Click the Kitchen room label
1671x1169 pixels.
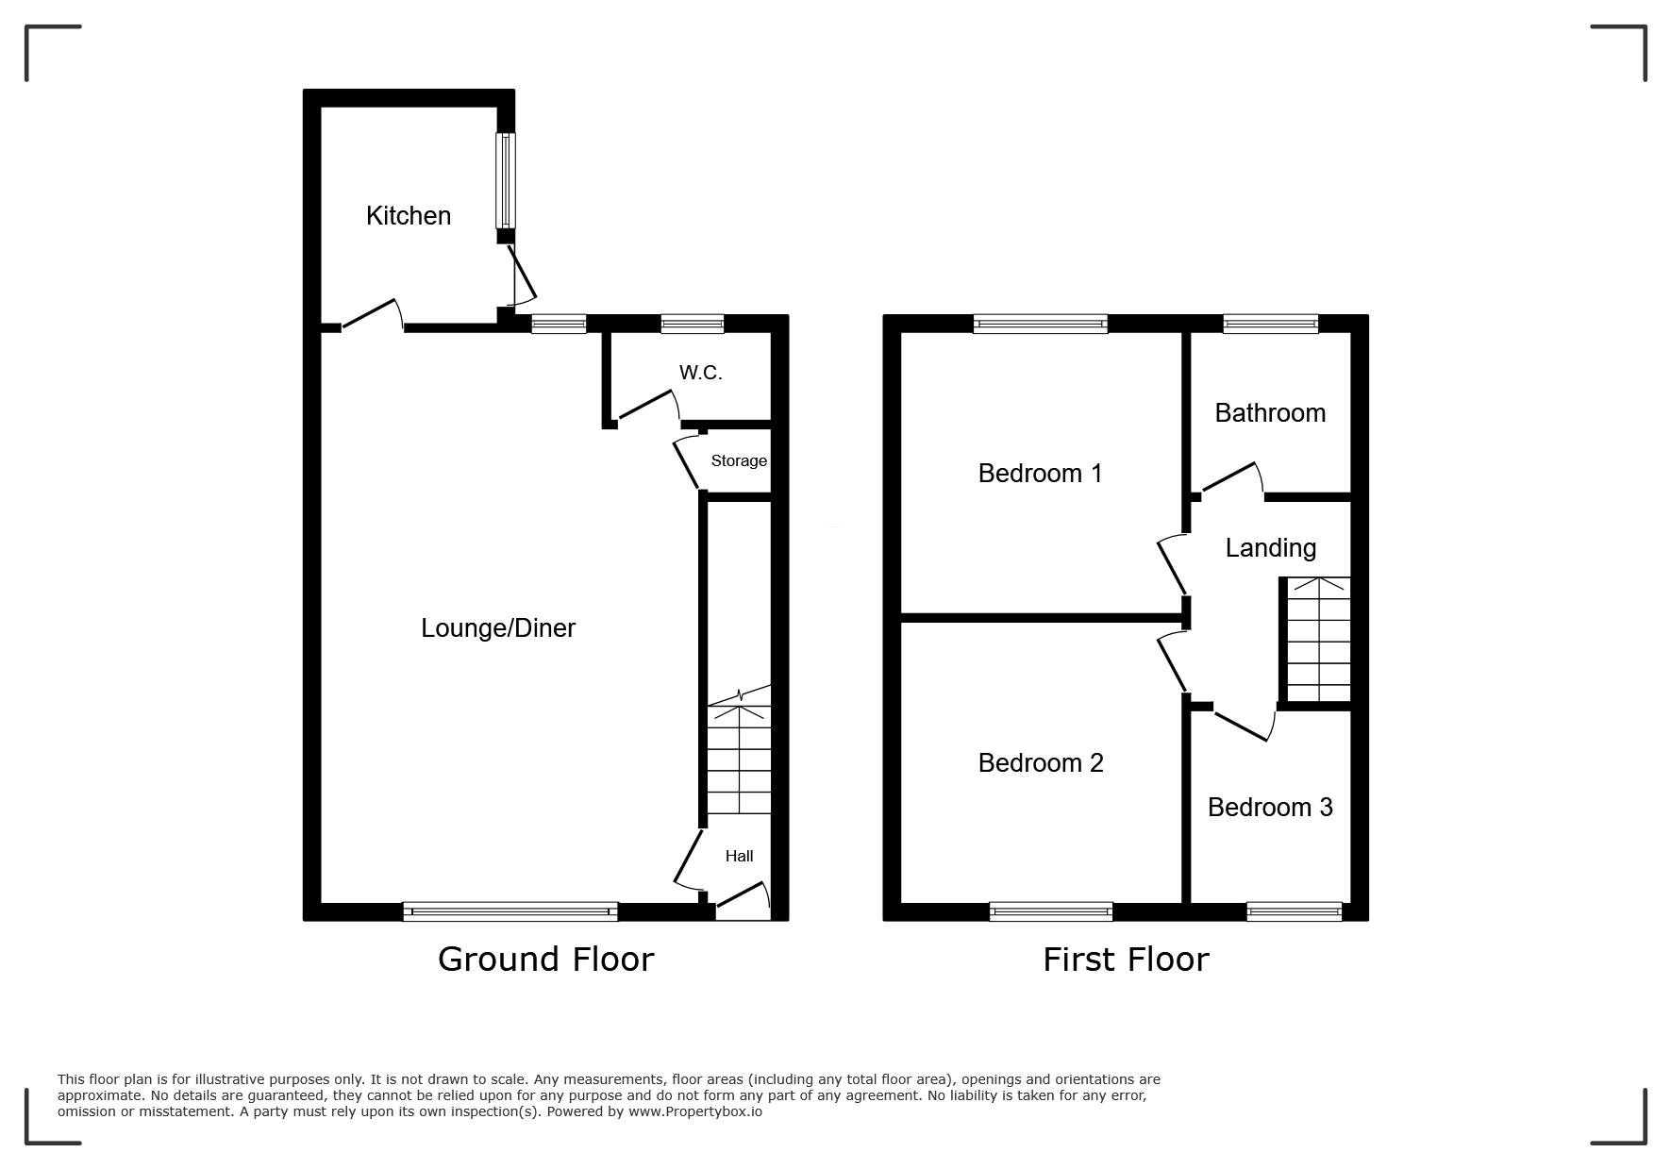[x=409, y=216]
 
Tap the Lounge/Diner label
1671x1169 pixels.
[x=498, y=628]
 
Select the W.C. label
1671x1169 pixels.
[x=701, y=373]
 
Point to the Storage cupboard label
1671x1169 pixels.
[x=739, y=461]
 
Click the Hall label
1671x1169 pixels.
[x=739, y=857]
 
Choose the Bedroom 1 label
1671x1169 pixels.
[x=1040, y=473]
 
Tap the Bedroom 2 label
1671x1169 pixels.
[x=1041, y=762]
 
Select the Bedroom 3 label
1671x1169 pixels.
[x=1270, y=808]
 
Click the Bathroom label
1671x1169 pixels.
[x=1270, y=413]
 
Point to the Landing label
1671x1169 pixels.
[x=1270, y=548]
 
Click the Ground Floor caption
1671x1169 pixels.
[x=546, y=960]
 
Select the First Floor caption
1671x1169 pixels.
[x=1126, y=960]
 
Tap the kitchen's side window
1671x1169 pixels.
[x=506, y=180]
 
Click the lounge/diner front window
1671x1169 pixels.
[x=510, y=911]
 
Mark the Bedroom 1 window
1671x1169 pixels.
[x=1040, y=324]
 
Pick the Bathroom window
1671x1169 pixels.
[x=1270, y=324]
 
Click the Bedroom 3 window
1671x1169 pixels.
[x=1294, y=911]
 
